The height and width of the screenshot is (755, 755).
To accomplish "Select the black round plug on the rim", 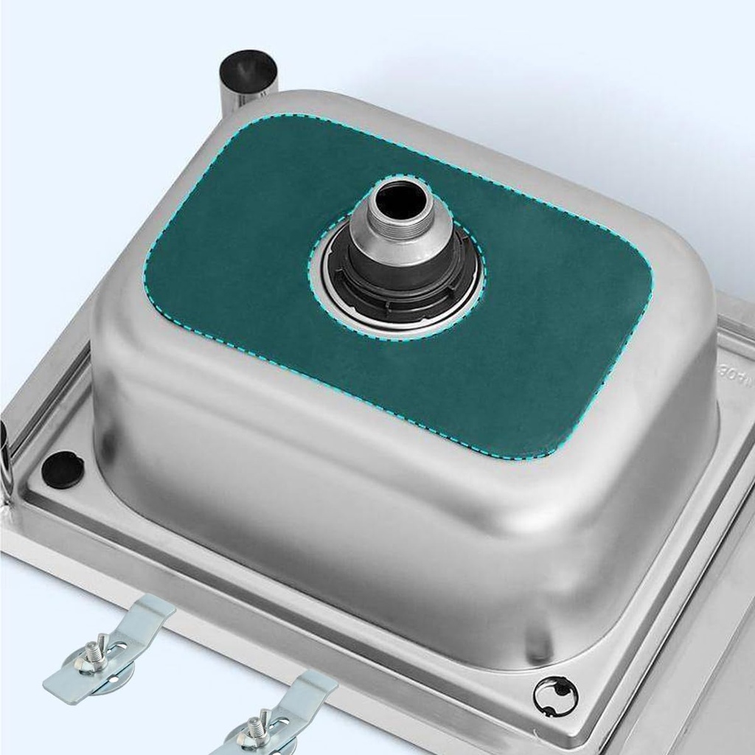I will pyautogui.click(x=63, y=470).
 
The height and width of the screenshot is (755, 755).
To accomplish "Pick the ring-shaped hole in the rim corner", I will pyautogui.click(x=556, y=695).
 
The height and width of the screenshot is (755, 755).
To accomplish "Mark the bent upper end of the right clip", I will pyautogui.click(x=317, y=682).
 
